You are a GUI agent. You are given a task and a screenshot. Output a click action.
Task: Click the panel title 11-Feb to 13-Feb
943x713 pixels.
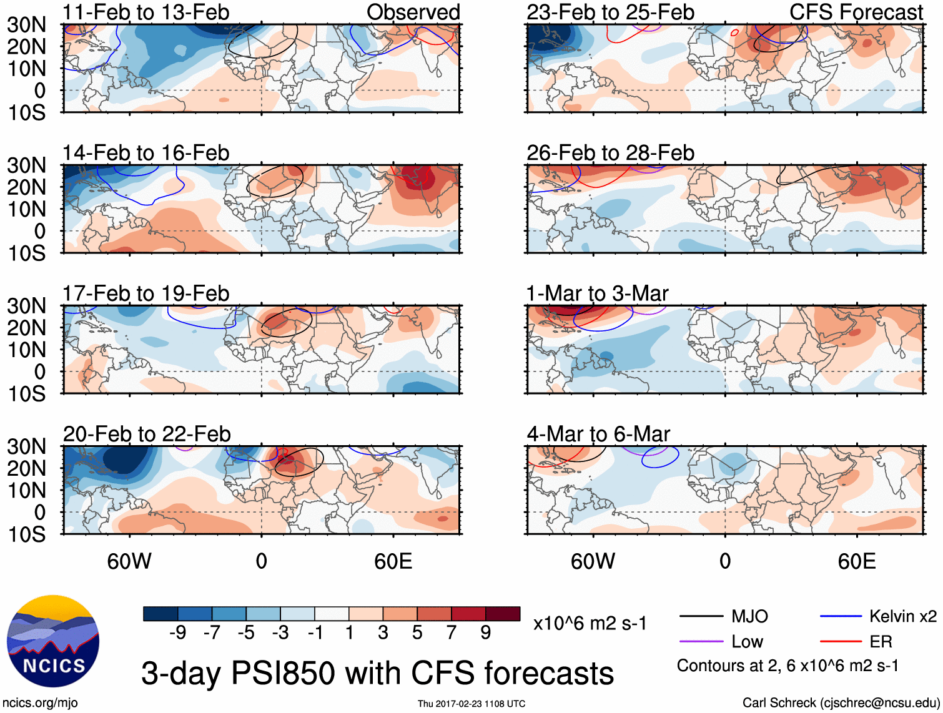(146, 12)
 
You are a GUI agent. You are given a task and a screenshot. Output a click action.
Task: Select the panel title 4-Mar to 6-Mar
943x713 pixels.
(598, 433)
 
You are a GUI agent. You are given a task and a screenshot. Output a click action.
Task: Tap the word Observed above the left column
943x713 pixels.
(413, 12)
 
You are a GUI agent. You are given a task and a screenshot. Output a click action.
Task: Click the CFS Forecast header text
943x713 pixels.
(856, 12)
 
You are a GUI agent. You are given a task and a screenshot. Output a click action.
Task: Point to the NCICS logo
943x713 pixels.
(53, 641)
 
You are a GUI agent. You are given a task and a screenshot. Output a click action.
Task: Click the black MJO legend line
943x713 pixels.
(701, 617)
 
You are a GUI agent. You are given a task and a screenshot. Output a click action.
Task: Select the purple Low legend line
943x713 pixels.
(701, 642)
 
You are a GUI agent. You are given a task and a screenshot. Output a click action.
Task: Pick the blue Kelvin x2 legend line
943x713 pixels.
(841, 617)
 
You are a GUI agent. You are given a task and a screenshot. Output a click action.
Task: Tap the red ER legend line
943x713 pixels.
(841, 642)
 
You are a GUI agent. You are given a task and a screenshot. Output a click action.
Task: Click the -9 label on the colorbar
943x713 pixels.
(177, 633)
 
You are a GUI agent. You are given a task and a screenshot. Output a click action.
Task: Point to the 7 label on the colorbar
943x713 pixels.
(452, 633)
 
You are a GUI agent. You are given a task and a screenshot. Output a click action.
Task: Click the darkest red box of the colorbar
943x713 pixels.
(503, 614)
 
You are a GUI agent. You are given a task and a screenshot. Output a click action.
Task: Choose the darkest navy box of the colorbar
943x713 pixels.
(160, 614)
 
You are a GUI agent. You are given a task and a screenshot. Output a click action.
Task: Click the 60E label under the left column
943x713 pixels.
(393, 561)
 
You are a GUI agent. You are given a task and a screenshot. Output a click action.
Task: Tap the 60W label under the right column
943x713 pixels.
(593, 561)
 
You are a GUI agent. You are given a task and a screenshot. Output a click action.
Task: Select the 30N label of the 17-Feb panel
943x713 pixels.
(26, 306)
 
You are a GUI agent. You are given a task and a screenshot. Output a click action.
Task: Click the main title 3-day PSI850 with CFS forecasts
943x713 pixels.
(377, 673)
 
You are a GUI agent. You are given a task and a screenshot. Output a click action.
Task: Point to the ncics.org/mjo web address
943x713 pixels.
(40, 703)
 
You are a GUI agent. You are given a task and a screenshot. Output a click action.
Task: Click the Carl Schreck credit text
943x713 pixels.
(841, 703)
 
